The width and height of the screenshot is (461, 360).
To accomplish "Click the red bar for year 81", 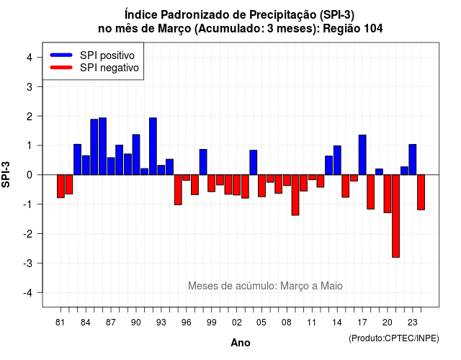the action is click(61, 186).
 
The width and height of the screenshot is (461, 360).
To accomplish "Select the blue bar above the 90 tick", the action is click(136, 155).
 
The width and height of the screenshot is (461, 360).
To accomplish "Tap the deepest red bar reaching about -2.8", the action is click(395, 216).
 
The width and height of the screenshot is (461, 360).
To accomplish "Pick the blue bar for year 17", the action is click(362, 155).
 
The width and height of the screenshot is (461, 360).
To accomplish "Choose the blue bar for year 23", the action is click(413, 160).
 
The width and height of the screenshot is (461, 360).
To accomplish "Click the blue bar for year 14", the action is click(337, 160).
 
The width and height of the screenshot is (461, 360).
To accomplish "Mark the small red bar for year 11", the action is click(312, 177).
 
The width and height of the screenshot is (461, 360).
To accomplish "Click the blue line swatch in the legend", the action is click(61, 55).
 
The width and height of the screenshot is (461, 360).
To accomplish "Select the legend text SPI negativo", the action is click(109, 68).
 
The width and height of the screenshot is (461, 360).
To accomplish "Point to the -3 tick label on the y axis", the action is click(29, 264).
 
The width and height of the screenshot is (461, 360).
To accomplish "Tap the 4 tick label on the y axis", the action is click(30, 58).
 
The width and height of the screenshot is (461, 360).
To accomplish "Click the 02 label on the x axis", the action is click(237, 323).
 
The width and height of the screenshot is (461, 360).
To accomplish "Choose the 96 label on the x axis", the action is click(187, 323).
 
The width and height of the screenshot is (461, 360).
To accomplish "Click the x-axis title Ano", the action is click(241, 343).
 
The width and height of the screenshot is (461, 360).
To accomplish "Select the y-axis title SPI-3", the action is click(6, 174).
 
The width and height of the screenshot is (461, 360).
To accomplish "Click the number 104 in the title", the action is click(373, 29).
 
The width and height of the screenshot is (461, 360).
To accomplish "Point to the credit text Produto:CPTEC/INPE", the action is click(394, 338).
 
